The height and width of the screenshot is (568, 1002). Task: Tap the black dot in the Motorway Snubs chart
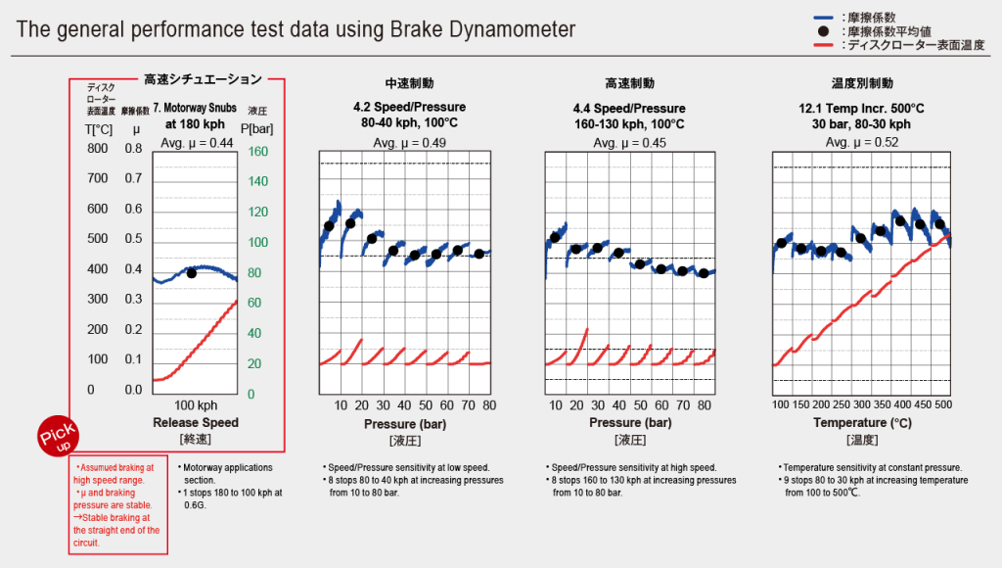coord(192,273)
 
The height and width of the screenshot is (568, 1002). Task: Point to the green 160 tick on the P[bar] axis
coord(256,152)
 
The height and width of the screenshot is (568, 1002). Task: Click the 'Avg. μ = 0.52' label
coord(860,143)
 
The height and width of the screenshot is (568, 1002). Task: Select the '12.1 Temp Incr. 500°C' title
coord(860,108)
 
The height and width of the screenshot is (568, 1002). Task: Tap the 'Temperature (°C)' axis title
coord(860,423)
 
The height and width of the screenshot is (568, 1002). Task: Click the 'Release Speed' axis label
coord(196,423)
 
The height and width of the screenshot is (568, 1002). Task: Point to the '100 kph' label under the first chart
coord(196,404)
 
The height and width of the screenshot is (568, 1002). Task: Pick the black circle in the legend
coord(823,31)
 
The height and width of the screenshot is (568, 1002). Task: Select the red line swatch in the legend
coord(823,45)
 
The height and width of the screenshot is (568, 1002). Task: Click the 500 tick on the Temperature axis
coord(944,404)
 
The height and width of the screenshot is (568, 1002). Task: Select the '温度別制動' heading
coord(860,84)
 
